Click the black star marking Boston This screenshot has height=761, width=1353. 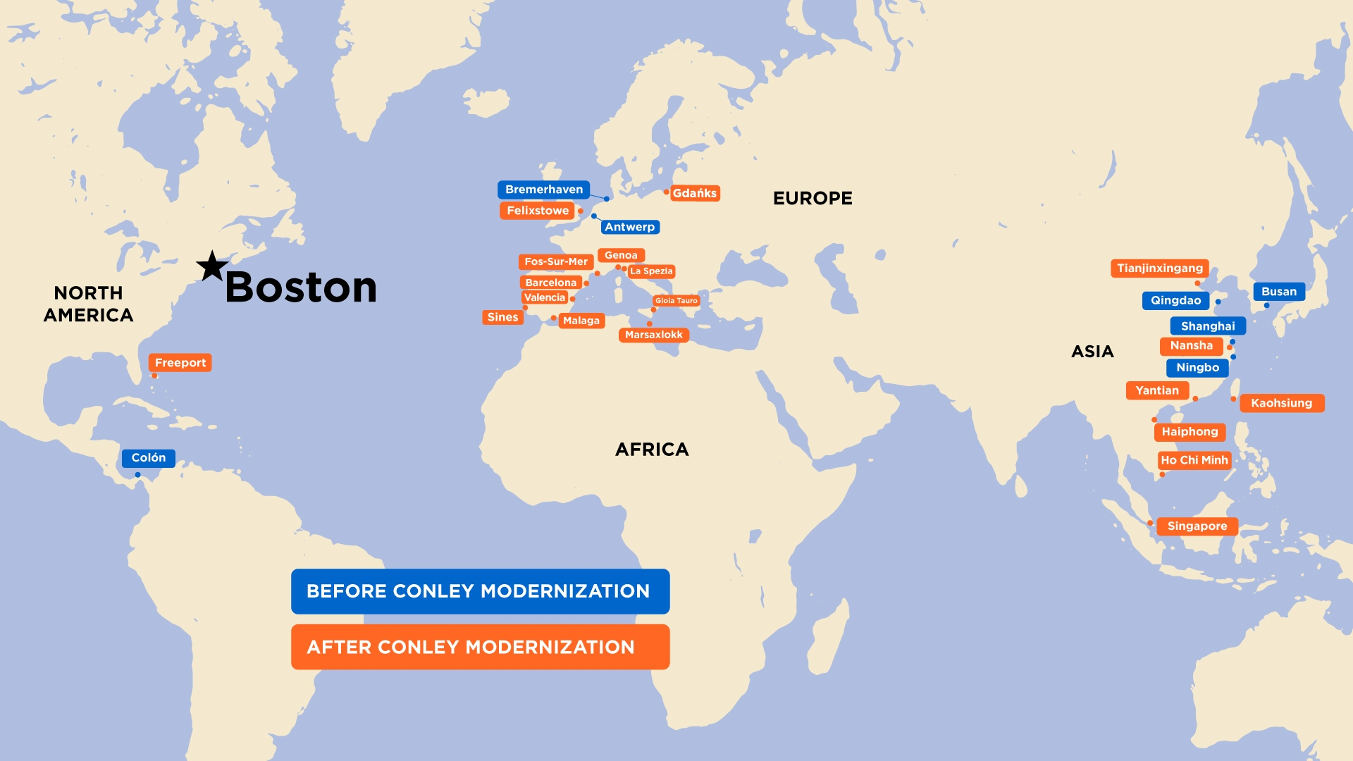click(211, 267)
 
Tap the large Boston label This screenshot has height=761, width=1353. click(301, 287)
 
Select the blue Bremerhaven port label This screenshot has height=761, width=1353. click(543, 190)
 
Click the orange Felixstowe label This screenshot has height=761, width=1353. click(537, 211)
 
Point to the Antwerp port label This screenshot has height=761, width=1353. click(629, 227)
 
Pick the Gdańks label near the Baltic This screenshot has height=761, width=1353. click(694, 193)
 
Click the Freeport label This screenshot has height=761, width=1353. click(180, 363)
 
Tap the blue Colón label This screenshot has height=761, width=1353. click(148, 458)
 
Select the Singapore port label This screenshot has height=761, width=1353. click(1197, 526)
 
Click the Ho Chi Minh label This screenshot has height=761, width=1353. click(1194, 460)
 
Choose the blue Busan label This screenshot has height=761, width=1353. click(1278, 292)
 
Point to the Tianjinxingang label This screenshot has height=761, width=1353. click(1159, 268)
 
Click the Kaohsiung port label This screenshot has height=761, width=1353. click(1281, 403)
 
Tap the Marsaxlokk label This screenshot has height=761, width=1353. click(653, 335)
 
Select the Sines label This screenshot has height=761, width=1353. click(502, 317)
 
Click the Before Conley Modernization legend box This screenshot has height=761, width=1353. click(480, 591)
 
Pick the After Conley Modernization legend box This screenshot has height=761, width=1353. click(480, 647)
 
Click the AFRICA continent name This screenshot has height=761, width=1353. click(652, 450)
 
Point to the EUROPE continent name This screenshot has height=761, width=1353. click(813, 199)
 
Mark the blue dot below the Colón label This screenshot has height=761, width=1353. click(137, 475)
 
